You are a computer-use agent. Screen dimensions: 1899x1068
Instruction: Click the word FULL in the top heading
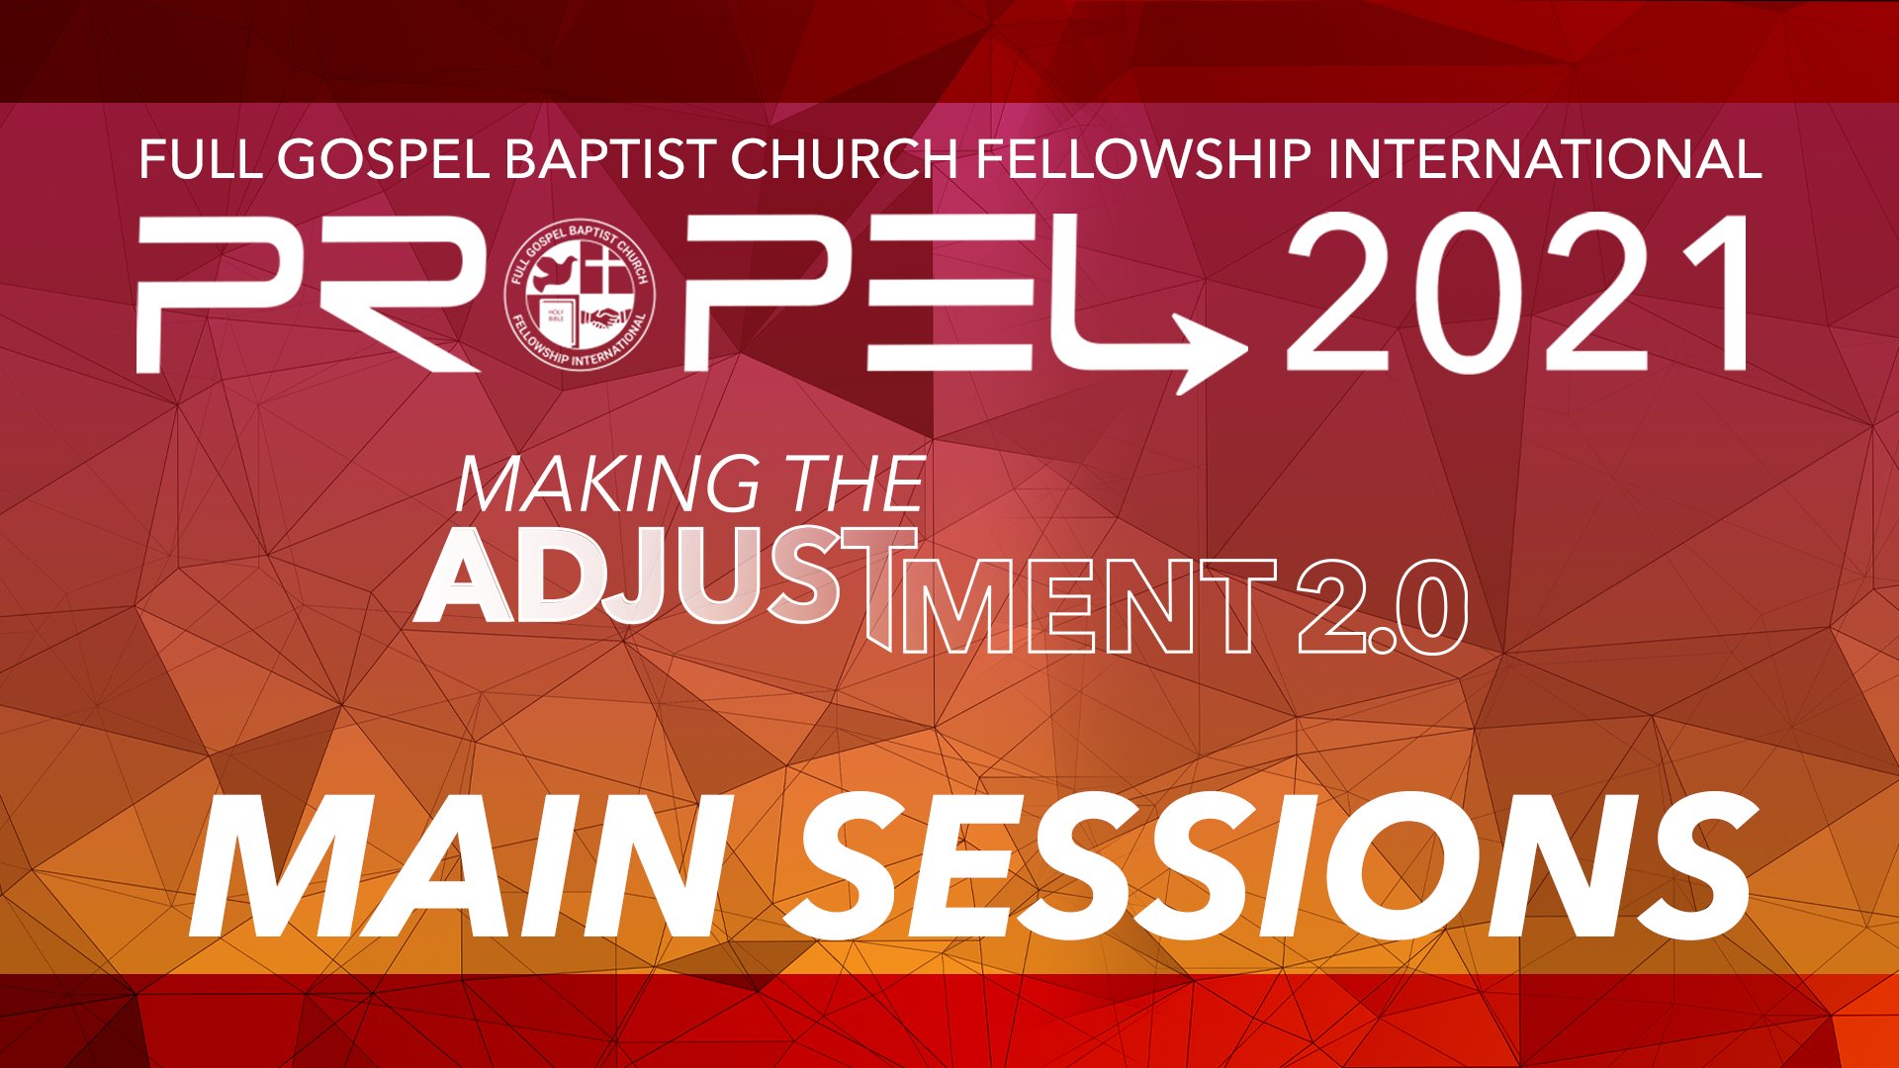click(201, 160)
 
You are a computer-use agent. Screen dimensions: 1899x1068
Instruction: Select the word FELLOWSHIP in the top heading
click(1142, 160)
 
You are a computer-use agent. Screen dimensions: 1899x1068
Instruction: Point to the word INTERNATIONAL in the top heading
click(1545, 160)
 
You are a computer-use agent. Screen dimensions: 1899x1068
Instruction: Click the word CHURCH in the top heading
click(845, 160)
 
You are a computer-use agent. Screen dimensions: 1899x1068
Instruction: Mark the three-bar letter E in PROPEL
click(949, 295)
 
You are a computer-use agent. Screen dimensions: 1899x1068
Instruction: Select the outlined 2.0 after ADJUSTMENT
click(1382, 606)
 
